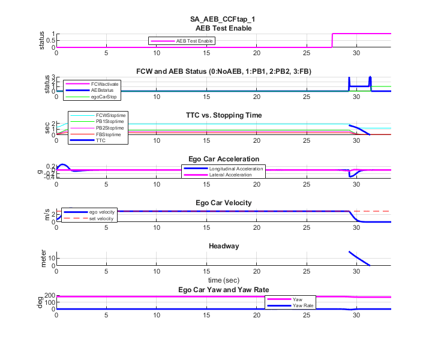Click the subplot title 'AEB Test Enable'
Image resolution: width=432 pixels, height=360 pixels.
pos(223,28)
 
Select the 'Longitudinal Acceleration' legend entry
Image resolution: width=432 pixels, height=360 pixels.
pos(235,169)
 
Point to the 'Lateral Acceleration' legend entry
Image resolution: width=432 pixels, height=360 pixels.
pos(232,175)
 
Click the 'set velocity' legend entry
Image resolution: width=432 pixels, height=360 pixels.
pos(101,218)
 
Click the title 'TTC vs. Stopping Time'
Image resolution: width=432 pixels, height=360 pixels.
pos(223,115)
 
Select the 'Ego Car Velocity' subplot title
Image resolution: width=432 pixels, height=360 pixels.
pos(223,202)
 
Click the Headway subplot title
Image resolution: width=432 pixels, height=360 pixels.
pos(223,246)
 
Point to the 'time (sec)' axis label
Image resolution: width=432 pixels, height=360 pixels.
pos(223,280)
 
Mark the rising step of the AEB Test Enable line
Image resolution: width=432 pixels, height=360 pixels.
pos(332,41)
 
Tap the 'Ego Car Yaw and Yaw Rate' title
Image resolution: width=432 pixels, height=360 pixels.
pos(223,289)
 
